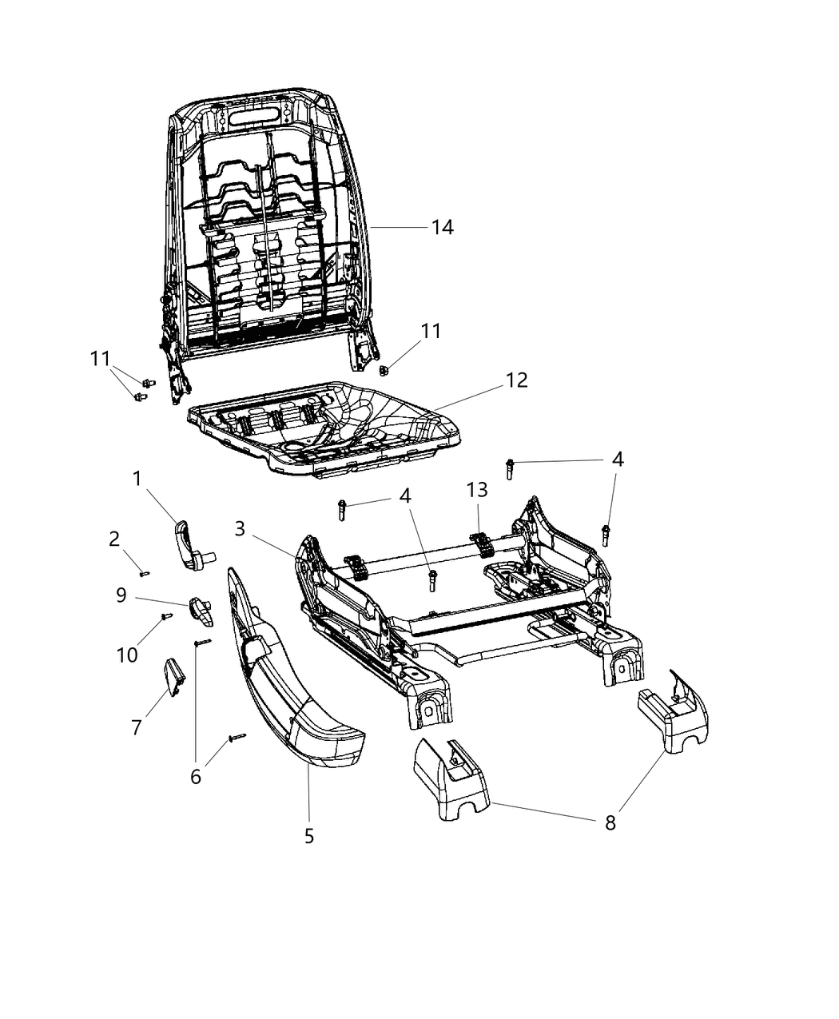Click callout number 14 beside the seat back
tap(442, 228)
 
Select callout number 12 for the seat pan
tap(516, 380)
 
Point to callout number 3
tap(240, 528)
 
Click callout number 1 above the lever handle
tap(137, 479)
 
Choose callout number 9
tap(121, 595)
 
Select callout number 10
tap(127, 655)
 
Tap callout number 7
tap(137, 727)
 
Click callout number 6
tap(196, 775)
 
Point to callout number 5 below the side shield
tap(309, 836)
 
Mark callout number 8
tap(610, 822)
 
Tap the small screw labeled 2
tap(144, 572)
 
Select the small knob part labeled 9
tap(201, 611)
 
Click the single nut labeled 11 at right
tap(383, 370)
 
